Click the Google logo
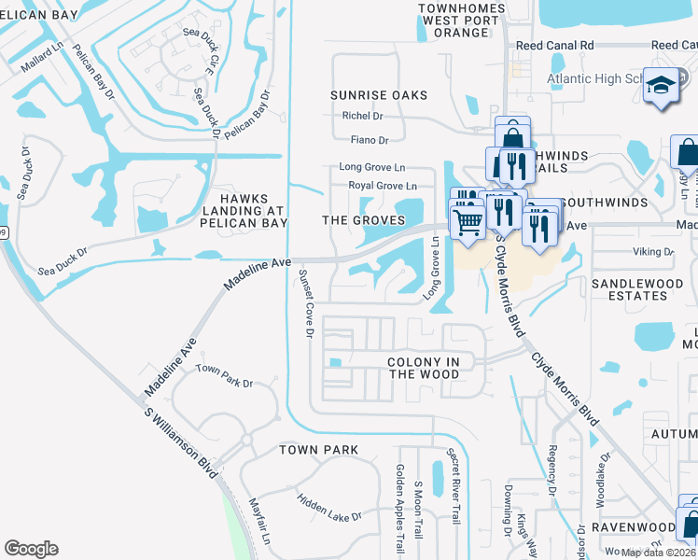(32, 549)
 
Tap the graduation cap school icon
(661, 87)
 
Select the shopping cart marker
(468, 221)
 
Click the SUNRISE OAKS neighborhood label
(379, 95)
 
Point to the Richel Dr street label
(363, 117)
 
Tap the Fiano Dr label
(370, 140)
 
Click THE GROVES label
(364, 220)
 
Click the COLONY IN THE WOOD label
(424, 368)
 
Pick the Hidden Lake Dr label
(329, 509)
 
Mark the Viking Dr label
(653, 252)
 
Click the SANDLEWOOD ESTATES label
(631, 288)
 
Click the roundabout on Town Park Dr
(247, 440)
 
